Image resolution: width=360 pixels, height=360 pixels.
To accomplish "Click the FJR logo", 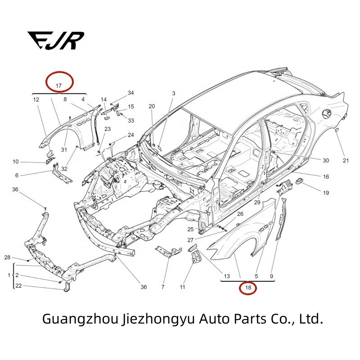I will click(x=55, y=40).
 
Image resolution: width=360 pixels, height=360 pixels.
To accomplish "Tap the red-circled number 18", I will click(x=247, y=287).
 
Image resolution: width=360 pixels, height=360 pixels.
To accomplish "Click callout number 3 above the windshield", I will click(x=173, y=93).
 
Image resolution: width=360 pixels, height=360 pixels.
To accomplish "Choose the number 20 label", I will click(x=152, y=106).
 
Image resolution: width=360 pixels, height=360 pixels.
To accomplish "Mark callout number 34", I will click(x=130, y=93).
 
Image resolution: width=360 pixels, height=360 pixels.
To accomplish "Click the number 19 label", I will click(x=326, y=193).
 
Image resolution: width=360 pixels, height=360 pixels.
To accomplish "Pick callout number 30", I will click(x=326, y=160).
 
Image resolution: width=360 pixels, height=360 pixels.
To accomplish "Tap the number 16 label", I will click(x=326, y=176).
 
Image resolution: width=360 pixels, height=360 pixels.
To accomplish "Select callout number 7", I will click(x=163, y=287).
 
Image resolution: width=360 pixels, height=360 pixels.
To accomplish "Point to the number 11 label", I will click(x=183, y=287).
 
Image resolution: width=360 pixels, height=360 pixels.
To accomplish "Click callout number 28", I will click(x=7, y=257).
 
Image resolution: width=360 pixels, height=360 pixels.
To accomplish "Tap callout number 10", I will click(x=16, y=162).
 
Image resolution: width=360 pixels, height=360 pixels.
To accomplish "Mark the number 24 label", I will click(x=130, y=135).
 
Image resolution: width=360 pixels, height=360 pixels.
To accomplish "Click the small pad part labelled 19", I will click(x=299, y=181).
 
